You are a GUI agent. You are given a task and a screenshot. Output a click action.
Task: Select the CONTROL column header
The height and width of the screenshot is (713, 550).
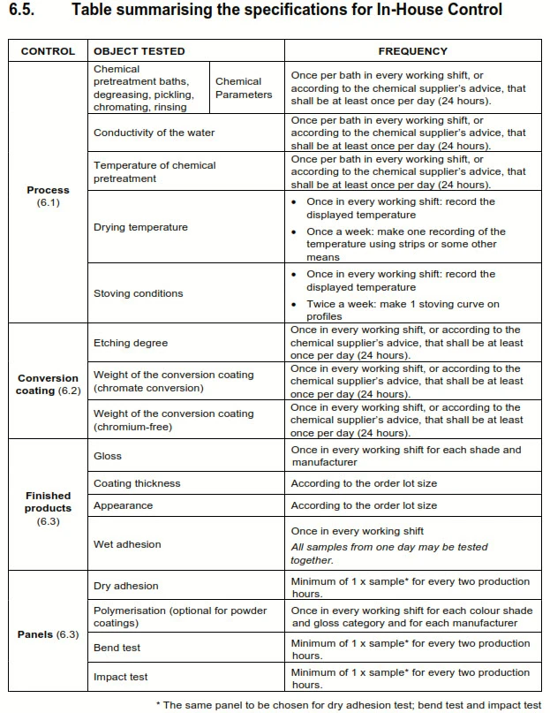click(x=48, y=51)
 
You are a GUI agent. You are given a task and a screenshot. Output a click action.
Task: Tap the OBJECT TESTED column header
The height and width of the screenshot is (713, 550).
click(x=139, y=51)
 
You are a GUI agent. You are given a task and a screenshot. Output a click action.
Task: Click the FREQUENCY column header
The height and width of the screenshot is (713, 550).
click(x=412, y=51)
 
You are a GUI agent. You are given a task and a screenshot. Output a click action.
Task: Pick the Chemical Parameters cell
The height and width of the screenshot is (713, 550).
click(x=244, y=87)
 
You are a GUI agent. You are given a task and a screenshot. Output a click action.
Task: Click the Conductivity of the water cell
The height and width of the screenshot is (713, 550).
click(x=154, y=133)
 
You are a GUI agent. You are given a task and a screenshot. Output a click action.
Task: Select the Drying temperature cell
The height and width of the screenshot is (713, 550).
click(x=141, y=227)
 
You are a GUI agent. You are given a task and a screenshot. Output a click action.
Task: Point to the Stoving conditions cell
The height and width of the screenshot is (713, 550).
click(x=139, y=293)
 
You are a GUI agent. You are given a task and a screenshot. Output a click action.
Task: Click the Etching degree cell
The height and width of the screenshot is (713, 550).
click(x=131, y=343)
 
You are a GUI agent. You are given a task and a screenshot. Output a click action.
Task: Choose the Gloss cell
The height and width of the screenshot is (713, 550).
click(x=108, y=456)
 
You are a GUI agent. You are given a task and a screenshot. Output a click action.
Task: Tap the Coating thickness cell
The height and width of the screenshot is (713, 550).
click(x=137, y=483)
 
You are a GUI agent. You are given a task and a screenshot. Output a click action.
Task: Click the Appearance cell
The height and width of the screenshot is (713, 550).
click(x=124, y=505)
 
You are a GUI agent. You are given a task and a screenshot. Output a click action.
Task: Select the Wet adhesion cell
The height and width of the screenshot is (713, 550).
click(x=127, y=544)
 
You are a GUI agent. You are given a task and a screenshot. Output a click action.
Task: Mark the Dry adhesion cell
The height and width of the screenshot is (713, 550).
click(x=126, y=586)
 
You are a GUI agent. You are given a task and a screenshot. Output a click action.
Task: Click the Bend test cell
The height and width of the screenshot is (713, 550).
click(x=117, y=648)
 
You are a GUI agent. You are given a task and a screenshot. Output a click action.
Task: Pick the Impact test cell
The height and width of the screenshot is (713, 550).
click(x=121, y=677)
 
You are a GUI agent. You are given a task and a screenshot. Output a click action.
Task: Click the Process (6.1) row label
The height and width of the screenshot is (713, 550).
click(x=48, y=196)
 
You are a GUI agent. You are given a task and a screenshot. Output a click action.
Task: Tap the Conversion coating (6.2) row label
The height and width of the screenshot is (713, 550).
click(x=48, y=384)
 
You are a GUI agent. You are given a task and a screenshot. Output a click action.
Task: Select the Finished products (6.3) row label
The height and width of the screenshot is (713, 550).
click(x=48, y=509)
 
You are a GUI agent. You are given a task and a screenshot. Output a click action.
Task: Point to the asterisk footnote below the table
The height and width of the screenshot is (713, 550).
click(x=348, y=704)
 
